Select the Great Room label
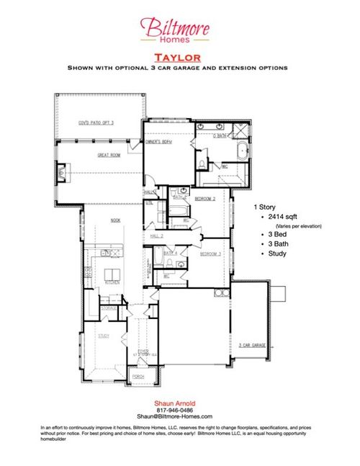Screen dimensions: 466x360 pyautogui.click(x=107, y=155)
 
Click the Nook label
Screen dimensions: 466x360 pyautogui.click(x=114, y=220)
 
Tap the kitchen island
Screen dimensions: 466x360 pyautogui.click(x=112, y=274)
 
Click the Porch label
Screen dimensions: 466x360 pyautogui.click(x=138, y=377)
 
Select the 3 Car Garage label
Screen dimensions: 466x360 pyautogui.click(x=252, y=345)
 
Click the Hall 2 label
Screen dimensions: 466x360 pyautogui.click(x=157, y=236)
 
